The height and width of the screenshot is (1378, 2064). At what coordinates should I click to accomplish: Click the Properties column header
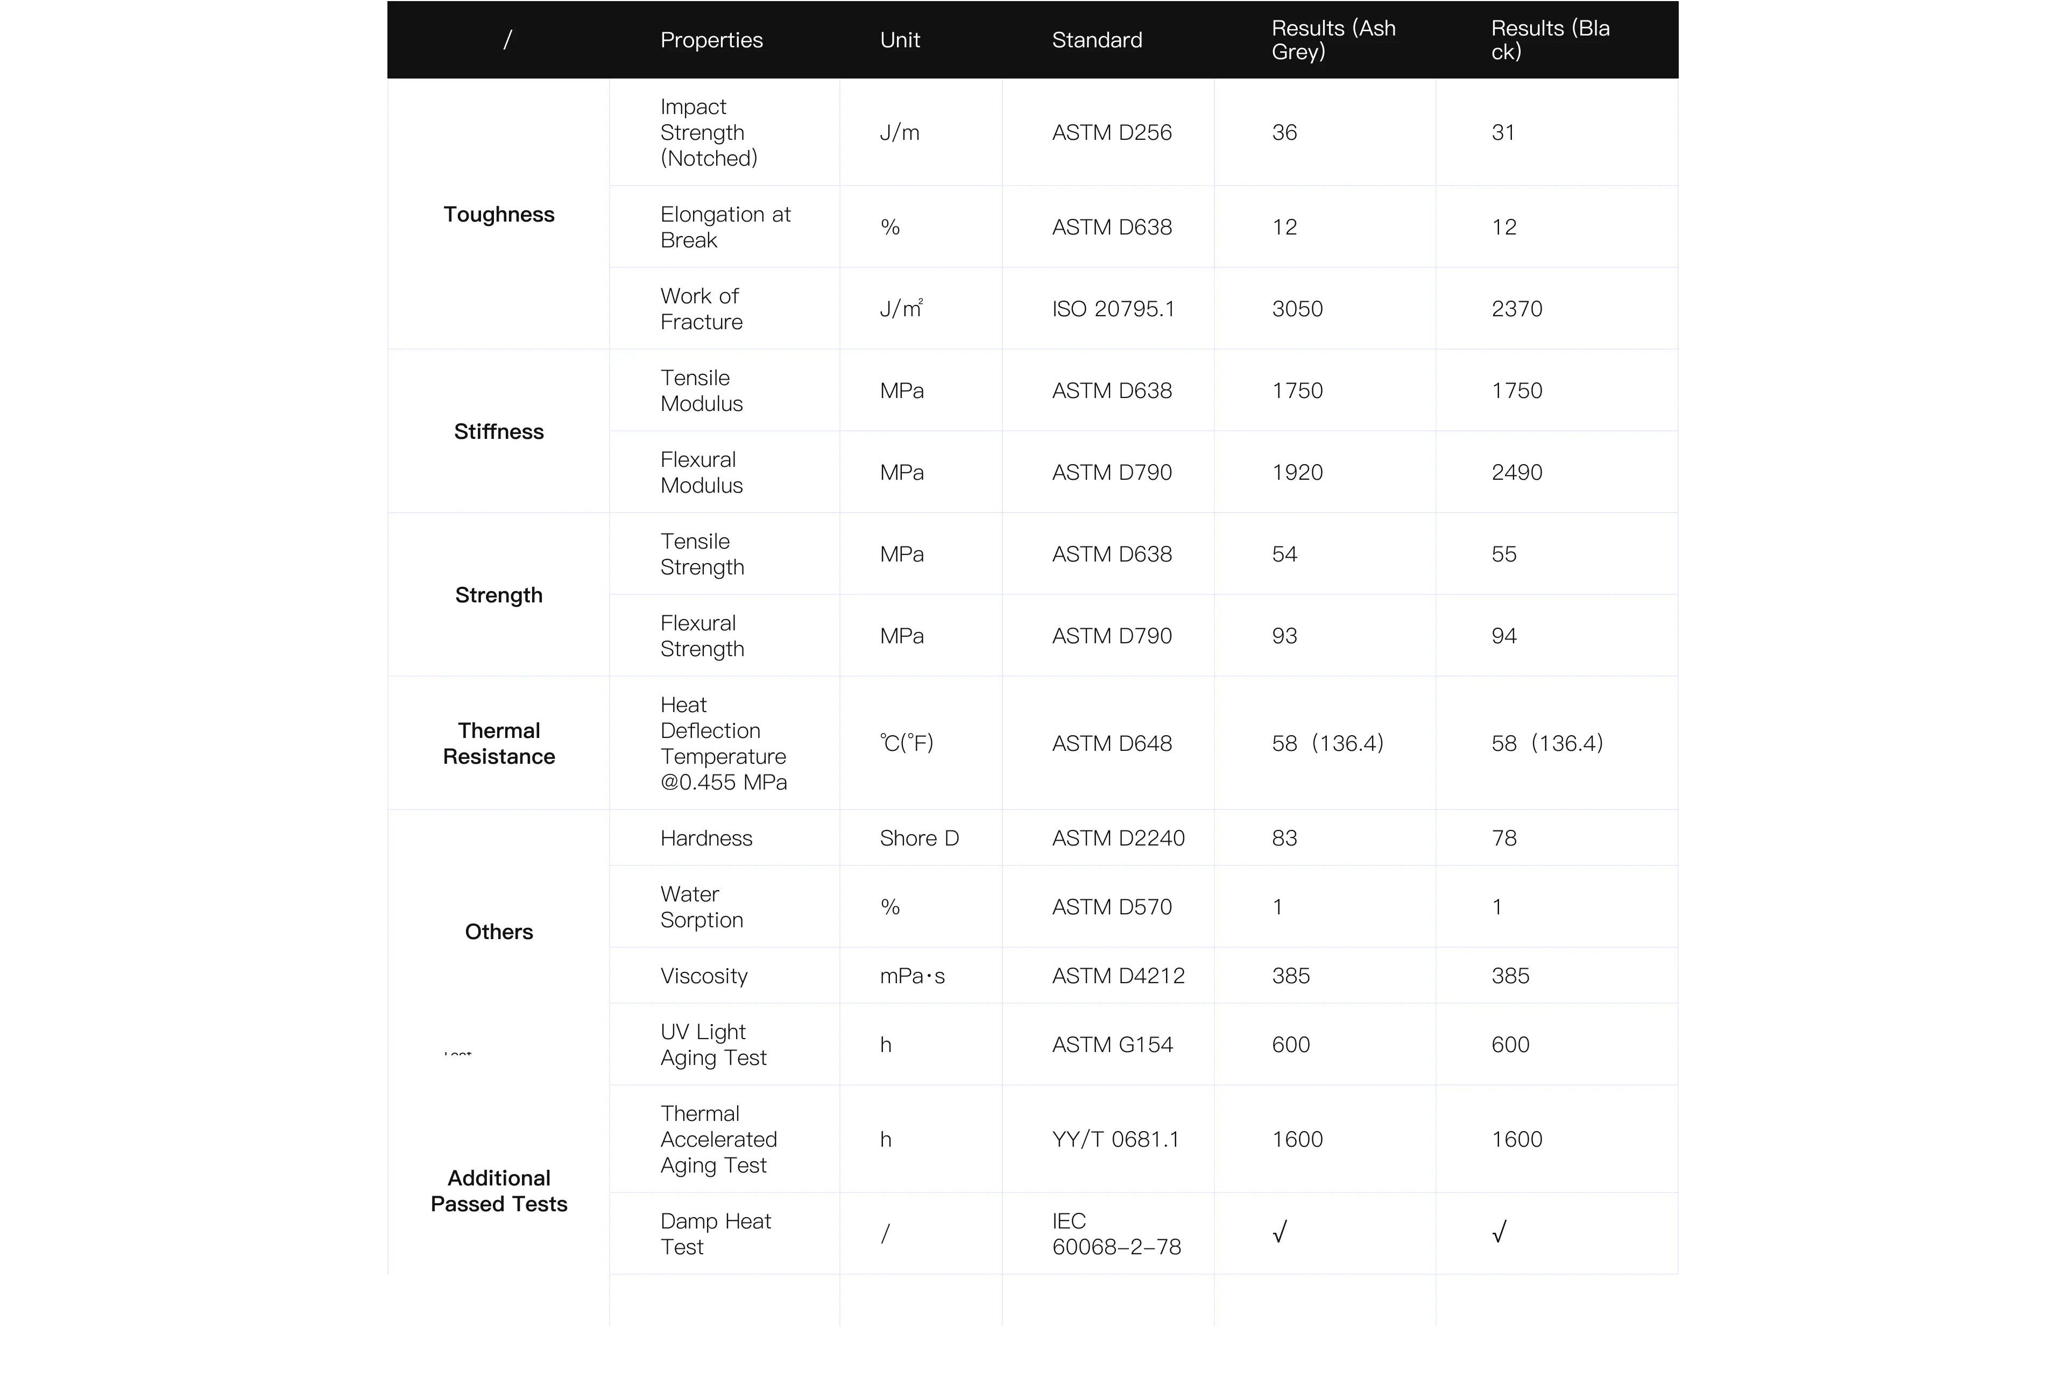[x=711, y=40]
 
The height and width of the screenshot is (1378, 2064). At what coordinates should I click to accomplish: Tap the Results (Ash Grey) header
[x=1333, y=40]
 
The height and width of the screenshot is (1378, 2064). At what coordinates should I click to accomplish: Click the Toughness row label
[x=498, y=215]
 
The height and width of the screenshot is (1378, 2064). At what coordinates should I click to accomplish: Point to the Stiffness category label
[x=498, y=431]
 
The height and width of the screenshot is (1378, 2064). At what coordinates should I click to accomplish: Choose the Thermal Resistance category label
[x=498, y=743]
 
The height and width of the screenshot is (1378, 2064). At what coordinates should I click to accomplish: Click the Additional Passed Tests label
[x=498, y=1191]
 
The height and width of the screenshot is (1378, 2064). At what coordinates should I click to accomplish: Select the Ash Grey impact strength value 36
[x=1284, y=133]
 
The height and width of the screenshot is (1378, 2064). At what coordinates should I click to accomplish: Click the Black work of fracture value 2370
[x=1516, y=309]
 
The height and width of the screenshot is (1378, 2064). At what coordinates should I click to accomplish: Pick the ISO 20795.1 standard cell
[x=1113, y=309]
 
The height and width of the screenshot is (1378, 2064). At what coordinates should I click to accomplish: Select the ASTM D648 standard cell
[x=1112, y=743]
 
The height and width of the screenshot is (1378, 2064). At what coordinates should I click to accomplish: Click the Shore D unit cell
[x=918, y=839]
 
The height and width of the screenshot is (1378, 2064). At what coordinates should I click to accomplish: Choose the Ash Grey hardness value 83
[x=1284, y=839]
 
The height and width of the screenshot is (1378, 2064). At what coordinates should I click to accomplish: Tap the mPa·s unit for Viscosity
[x=911, y=976]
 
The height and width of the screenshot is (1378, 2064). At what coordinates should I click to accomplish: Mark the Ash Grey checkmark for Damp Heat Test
[x=1280, y=1232]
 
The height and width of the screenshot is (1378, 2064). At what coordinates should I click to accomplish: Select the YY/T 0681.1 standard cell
[x=1115, y=1140]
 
